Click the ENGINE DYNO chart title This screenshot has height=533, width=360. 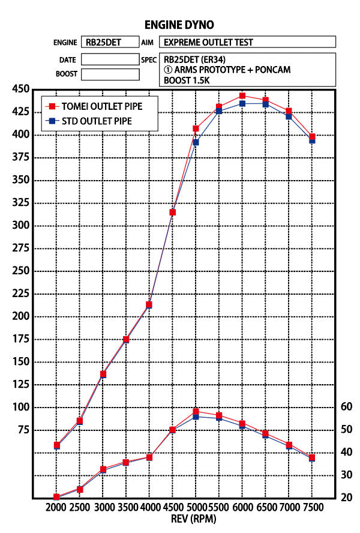coord(179,25)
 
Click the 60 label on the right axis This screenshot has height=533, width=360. coord(346,406)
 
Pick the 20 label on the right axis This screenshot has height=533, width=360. coord(346,498)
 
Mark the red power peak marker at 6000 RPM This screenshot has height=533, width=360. coord(242,95)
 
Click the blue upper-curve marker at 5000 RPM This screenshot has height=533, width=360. coord(196,142)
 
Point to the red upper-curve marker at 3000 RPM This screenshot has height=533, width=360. coord(103,374)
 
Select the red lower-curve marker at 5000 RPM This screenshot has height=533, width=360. coord(196,411)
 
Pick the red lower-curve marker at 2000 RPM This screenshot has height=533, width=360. coord(56,497)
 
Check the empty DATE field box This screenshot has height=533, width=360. coord(110,59)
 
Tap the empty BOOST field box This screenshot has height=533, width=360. coord(110,74)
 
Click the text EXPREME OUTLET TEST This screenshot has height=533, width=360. coord(208,43)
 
